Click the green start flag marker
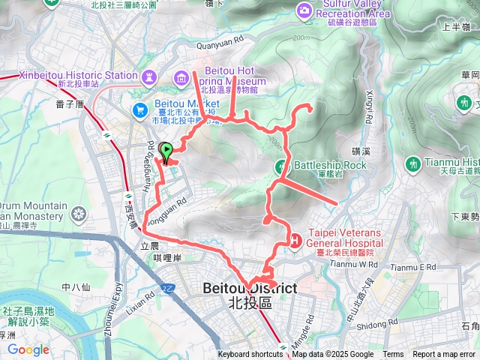pos(166,148)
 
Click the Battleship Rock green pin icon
pos(281,165)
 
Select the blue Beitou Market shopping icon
pos(139,109)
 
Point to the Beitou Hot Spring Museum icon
pos(181,77)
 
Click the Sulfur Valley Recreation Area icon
pos(303,10)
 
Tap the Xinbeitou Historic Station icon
pos(148,76)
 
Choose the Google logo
pos(28,349)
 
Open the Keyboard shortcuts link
pos(250,355)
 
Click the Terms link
pos(393,355)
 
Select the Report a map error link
pos(445,355)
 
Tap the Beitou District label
pos(250,289)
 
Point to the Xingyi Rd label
pos(369,108)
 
